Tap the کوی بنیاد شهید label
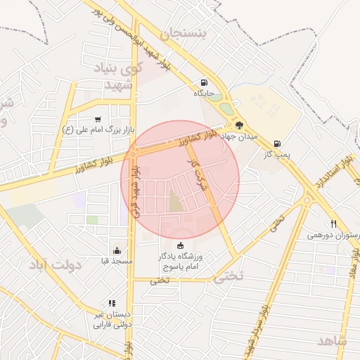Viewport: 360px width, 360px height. [x=118, y=77]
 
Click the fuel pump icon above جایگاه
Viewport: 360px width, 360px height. [x=204, y=82]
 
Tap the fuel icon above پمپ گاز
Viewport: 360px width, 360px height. [x=277, y=143]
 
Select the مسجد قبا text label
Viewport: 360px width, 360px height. [x=116, y=261]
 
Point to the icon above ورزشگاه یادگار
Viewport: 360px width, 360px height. [x=181, y=245]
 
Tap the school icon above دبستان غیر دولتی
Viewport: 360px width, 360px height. [x=111, y=303]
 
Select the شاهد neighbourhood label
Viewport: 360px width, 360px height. [x=333, y=340]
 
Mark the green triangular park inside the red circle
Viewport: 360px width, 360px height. [x=174, y=202]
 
